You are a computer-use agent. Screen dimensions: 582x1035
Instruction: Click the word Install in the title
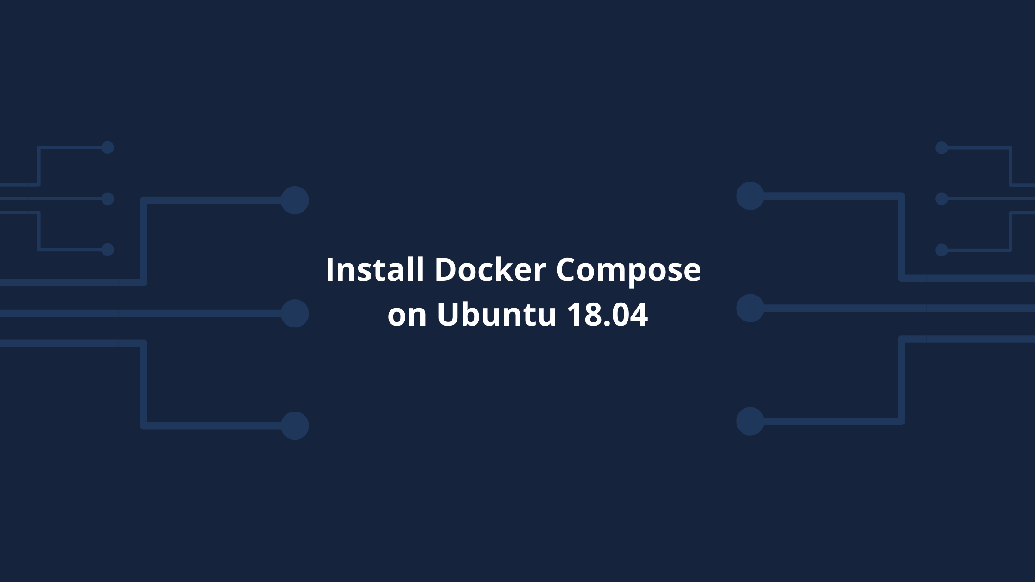click(375, 270)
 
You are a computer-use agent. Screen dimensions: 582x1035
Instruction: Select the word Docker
click(490, 270)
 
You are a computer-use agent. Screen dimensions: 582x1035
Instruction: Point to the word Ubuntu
click(497, 315)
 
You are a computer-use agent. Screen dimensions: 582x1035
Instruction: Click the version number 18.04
click(607, 315)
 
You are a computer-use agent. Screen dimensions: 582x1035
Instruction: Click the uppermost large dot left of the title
click(295, 200)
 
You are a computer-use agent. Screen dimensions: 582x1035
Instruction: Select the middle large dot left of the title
click(295, 313)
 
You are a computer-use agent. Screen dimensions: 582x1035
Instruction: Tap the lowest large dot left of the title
click(295, 425)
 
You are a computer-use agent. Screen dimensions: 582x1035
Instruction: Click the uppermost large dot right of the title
click(750, 196)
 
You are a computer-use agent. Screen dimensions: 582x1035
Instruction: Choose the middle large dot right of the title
click(750, 308)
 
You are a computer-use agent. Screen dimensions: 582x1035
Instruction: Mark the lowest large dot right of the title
click(750, 421)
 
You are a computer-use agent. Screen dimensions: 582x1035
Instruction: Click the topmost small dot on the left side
click(108, 147)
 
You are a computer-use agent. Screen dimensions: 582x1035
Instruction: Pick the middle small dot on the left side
click(108, 199)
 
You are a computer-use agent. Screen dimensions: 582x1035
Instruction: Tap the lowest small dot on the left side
click(108, 249)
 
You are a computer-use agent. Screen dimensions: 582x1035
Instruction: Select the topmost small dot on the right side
click(942, 148)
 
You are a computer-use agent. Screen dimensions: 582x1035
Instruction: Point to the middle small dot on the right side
click(942, 199)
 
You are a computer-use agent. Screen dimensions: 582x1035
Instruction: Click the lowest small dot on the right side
click(942, 250)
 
